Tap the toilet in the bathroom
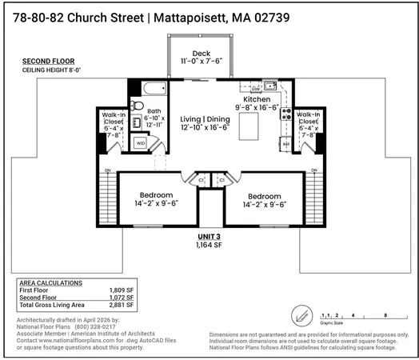(x=137, y=105)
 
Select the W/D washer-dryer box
(x=141, y=144)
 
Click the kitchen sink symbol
(x=270, y=85)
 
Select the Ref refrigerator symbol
(x=285, y=145)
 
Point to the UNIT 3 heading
(x=210, y=237)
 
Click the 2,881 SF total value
(x=121, y=305)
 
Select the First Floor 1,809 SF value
(x=121, y=290)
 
